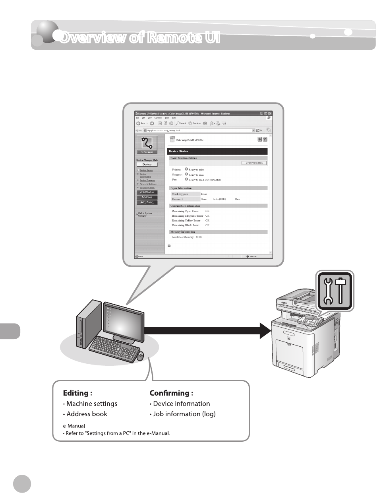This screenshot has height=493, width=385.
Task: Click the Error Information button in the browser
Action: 254,163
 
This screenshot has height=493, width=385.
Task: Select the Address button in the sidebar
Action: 147,197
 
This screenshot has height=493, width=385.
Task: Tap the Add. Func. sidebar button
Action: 147,202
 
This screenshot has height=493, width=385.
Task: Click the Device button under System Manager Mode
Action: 147,164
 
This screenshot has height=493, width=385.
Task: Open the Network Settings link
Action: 148,184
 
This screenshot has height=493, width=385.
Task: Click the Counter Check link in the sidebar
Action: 147,188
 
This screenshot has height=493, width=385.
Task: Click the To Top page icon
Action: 147,144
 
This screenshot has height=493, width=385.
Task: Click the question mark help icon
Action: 265,139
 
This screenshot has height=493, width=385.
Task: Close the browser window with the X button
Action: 270,114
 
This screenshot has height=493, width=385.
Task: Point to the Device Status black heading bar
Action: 217,151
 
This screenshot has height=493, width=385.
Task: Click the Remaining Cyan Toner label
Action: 185,211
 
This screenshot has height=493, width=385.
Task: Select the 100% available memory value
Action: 199,237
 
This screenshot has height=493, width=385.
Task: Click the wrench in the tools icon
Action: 328,291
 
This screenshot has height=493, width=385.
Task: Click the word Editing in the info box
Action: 75,393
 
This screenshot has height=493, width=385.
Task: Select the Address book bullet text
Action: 87,414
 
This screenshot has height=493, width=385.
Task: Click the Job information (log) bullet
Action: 184,414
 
